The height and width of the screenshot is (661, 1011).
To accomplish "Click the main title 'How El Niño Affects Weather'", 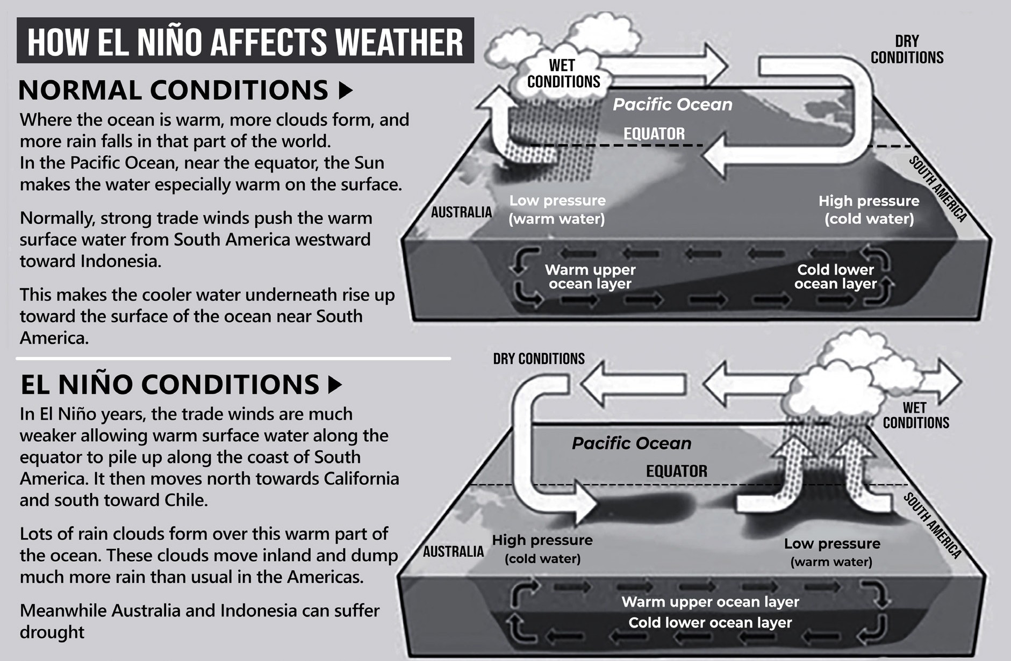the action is tap(245, 41).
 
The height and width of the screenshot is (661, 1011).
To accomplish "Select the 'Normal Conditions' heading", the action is tap(173, 90).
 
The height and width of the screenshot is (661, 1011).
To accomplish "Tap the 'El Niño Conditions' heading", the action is tap(170, 384).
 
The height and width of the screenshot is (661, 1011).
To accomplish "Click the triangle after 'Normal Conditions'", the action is tap(346, 90).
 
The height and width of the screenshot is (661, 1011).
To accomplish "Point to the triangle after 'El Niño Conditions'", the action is tap(335, 384).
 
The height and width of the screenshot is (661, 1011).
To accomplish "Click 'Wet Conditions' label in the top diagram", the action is tap(563, 74).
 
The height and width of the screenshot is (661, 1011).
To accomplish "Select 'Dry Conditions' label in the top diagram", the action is tap(907, 49).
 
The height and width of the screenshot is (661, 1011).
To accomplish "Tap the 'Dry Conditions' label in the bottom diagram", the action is tap(539, 358).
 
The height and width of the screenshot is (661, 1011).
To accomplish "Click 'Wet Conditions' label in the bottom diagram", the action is tap(916, 415).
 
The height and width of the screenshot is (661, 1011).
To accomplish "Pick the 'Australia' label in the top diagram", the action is tap(461, 212).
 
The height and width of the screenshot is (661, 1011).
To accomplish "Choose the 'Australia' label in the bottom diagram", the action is tap(453, 551).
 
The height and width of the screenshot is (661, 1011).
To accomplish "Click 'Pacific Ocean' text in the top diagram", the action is tap(672, 104).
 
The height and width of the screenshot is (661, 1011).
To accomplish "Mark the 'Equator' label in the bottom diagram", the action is tap(676, 471).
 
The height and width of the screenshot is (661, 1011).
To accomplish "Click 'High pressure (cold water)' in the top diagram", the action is tap(869, 210).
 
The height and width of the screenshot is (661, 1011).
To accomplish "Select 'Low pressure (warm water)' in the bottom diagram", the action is tap(832, 552).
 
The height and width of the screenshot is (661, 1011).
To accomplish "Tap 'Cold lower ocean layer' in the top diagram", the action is tap(835, 277).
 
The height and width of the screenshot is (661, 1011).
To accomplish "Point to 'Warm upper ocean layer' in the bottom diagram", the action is tap(710, 602).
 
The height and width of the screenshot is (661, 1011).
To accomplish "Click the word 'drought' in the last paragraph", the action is tap(52, 632).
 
